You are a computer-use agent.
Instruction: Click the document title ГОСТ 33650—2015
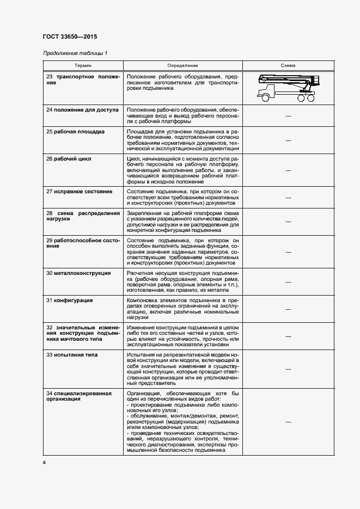[70, 37]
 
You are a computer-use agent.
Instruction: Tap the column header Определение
[182, 65]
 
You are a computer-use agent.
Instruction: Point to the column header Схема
[288, 65]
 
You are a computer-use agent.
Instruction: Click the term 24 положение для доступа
[82, 110]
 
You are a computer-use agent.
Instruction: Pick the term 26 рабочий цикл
[69, 159]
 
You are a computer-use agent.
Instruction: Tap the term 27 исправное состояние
[79, 192]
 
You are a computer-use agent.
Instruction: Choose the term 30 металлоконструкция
[78, 273]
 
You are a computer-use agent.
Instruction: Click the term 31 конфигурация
[69, 300]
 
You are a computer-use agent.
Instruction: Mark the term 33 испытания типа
[72, 354]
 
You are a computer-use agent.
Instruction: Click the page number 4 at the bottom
[44, 463]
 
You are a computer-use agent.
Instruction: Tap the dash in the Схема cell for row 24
[288, 116]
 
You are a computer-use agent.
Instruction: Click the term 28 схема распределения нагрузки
[83, 217]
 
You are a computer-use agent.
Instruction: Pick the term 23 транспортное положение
[83, 80]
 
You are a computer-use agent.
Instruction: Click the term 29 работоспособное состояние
[83, 243]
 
